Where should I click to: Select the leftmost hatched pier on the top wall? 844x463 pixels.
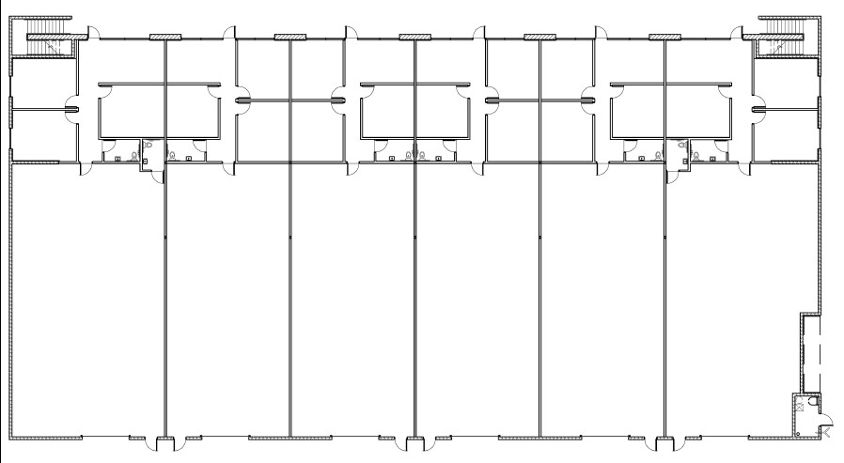coord(164,37)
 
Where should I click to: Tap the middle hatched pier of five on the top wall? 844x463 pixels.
coord(414,37)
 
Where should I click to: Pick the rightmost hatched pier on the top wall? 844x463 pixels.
coord(664,37)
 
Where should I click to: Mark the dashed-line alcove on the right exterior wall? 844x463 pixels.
coord(809,352)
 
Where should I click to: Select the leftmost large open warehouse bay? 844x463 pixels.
coord(88,301)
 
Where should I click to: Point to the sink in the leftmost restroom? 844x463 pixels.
coord(117,158)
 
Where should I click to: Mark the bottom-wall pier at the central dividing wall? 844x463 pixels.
coord(414,440)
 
